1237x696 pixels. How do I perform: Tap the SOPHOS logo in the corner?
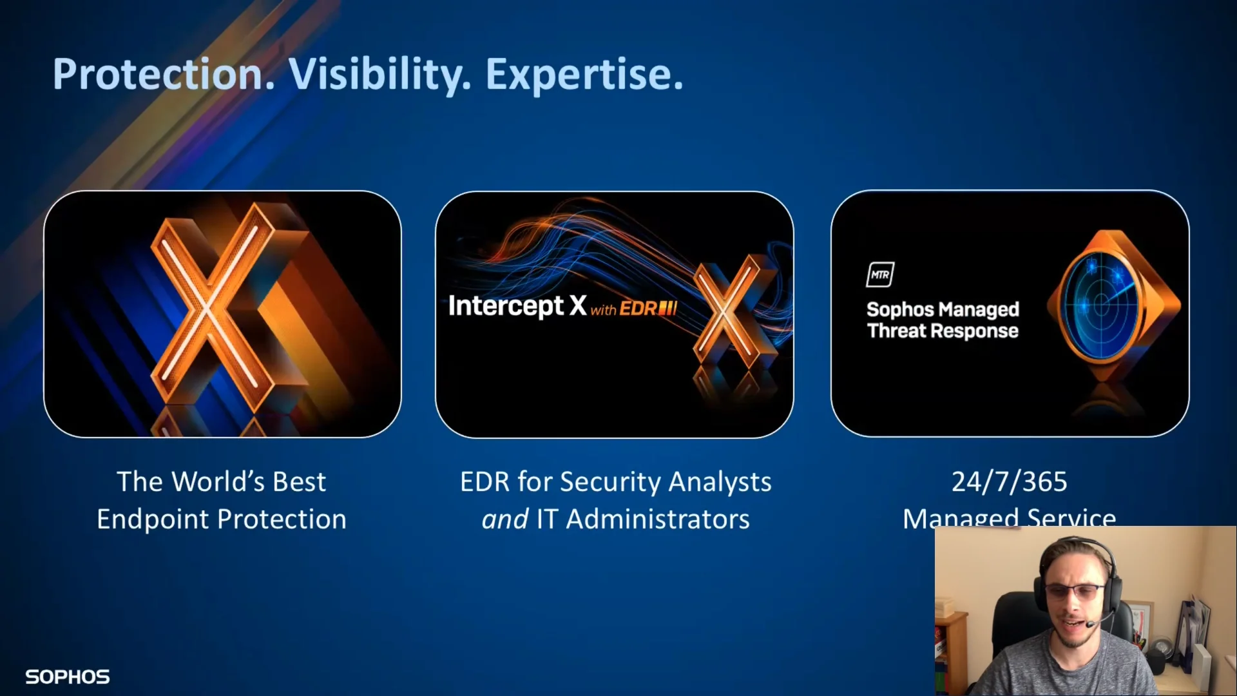click(x=68, y=677)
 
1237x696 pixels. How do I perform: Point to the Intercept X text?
click(x=517, y=306)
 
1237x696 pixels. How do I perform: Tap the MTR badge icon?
click(x=880, y=275)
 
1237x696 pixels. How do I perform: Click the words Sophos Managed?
click(x=943, y=309)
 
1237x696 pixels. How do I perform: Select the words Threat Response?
click(x=943, y=331)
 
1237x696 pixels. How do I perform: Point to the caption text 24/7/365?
click(x=1010, y=481)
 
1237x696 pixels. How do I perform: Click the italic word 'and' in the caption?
click(x=504, y=519)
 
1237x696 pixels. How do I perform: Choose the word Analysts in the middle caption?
click(x=720, y=482)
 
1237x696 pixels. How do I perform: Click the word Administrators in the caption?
click(x=658, y=519)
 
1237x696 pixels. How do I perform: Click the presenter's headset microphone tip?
click(x=1090, y=624)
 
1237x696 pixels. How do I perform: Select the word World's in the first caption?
click(x=218, y=481)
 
